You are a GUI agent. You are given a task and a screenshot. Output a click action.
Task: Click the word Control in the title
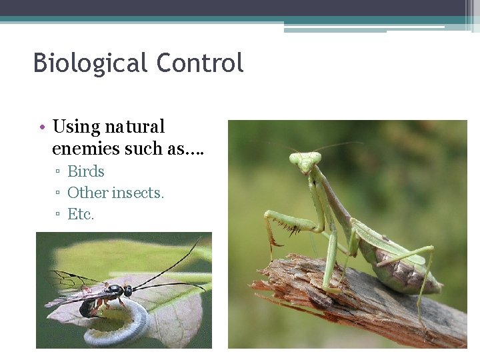click(x=200, y=63)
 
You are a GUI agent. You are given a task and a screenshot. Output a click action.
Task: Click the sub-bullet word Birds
click(x=86, y=171)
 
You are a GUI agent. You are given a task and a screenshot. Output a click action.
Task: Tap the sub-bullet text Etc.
click(x=81, y=214)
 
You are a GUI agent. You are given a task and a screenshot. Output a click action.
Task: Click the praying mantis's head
click(x=305, y=161)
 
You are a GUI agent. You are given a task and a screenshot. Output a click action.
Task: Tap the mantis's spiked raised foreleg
click(x=283, y=223)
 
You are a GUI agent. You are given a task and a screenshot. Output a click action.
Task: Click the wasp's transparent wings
click(x=73, y=287)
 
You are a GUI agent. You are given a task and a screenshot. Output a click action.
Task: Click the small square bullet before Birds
click(x=58, y=172)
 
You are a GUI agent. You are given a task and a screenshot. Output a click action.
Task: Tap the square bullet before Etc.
click(x=58, y=215)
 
